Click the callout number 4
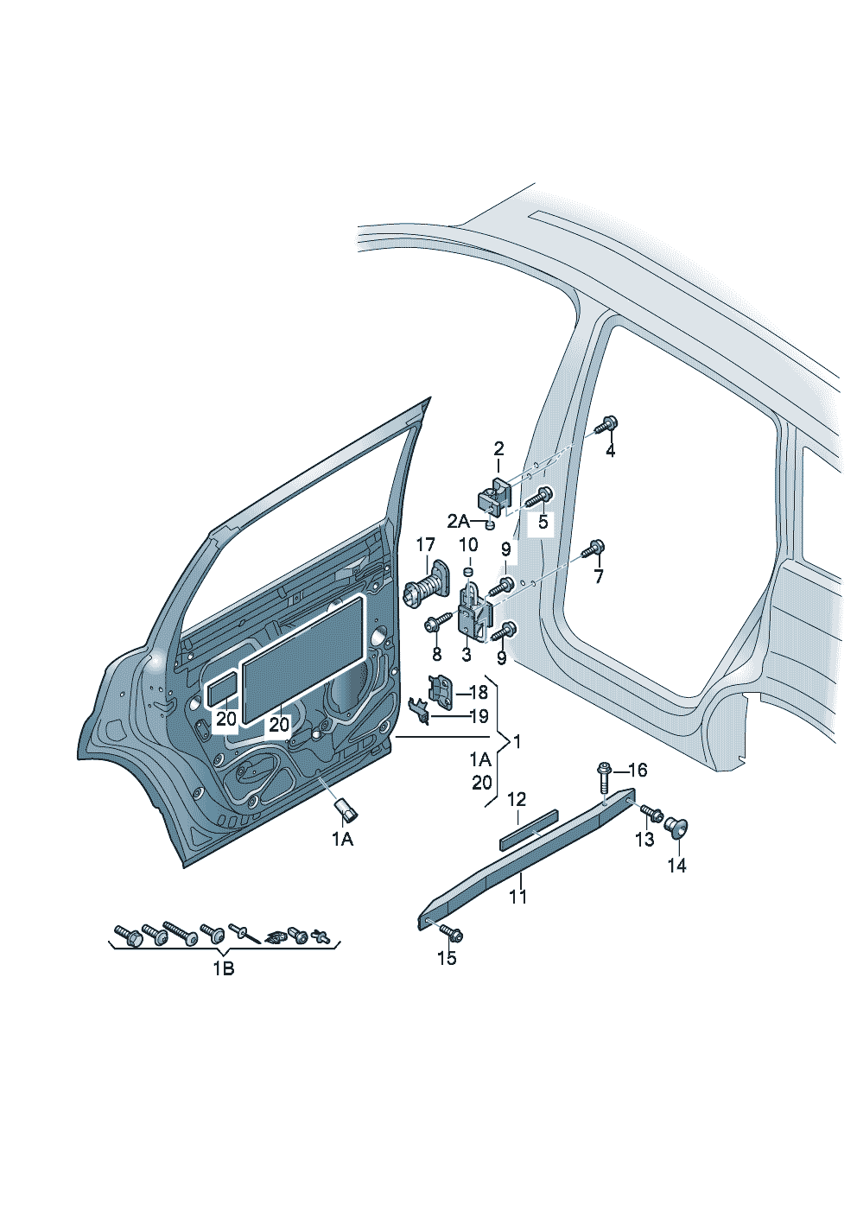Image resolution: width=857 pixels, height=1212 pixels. click(x=610, y=450)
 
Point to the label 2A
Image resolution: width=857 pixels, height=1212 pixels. click(x=459, y=521)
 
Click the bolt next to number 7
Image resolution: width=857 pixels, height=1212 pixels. click(x=594, y=549)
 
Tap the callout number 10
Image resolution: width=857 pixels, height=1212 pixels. click(x=467, y=545)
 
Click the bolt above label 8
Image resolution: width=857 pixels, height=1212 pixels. click(x=437, y=622)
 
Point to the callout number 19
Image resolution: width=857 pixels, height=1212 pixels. click(x=478, y=716)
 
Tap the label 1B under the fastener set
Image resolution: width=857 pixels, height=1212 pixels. click(x=224, y=968)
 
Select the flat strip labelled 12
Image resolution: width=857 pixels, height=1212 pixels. click(x=528, y=827)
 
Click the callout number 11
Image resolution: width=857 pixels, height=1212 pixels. click(x=517, y=896)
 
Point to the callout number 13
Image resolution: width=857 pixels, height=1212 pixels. click(x=644, y=839)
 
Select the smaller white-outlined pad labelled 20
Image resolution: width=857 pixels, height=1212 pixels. click(x=222, y=688)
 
